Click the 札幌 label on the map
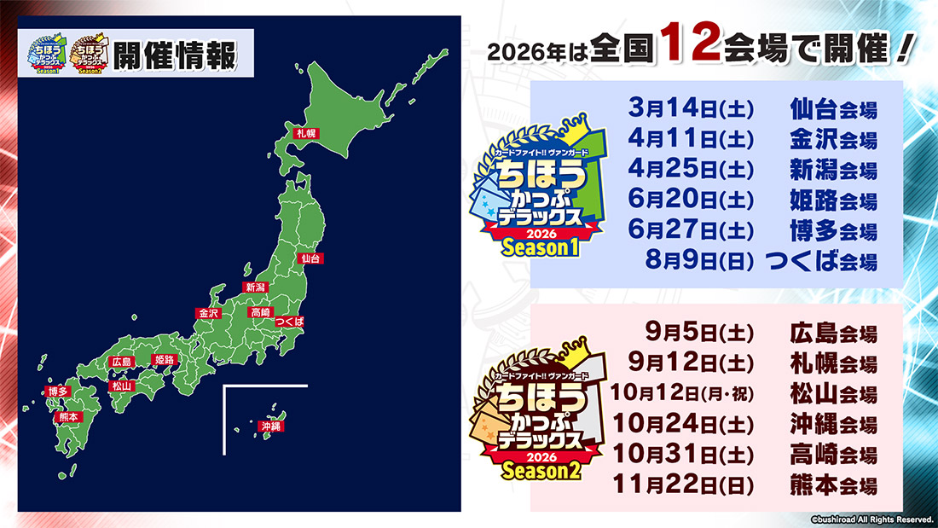(x=305, y=133)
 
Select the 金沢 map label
(x=209, y=314)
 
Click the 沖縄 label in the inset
(x=271, y=426)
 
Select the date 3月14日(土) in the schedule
(x=686, y=109)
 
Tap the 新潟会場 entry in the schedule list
(x=833, y=171)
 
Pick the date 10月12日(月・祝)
(x=683, y=395)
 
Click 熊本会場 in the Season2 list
(x=833, y=486)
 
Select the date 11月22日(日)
(x=683, y=486)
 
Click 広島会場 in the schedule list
(x=833, y=333)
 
